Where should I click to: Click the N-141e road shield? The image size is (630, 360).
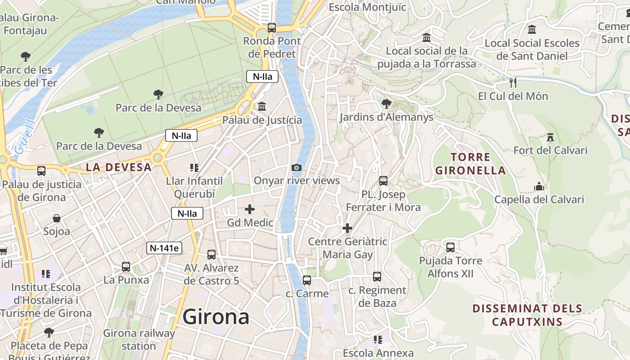pos(164,248)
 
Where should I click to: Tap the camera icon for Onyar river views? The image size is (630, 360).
pos(297,168)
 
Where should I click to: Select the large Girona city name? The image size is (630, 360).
pos(216,317)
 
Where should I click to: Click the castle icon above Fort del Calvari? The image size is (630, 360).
pos(550,137)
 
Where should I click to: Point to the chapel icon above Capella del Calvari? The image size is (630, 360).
pos(539,186)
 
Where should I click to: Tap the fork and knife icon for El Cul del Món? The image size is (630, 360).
pos(513,83)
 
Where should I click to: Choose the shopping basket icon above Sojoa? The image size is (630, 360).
pos(57,219)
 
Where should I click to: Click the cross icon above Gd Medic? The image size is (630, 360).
pos(250,209)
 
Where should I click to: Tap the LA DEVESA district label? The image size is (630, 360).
pos(119,167)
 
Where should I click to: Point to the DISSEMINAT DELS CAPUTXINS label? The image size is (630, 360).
pos(527,315)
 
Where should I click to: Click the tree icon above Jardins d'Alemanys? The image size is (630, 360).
pos(386,104)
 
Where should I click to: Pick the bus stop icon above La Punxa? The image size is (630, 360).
pos(126,267)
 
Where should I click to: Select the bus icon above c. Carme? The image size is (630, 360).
pos(307,280)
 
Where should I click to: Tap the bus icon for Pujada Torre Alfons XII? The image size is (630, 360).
pos(450,247)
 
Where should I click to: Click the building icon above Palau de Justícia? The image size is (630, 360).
pos(262,107)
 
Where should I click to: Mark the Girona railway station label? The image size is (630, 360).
pos(139,340)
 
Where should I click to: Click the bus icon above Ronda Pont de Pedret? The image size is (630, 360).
pos(271,28)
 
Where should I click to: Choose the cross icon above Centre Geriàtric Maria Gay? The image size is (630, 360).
pos(347,228)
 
